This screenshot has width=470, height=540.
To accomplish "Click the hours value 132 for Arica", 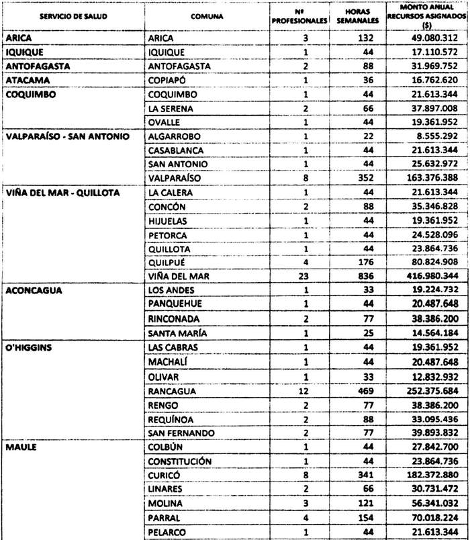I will (365, 38).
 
